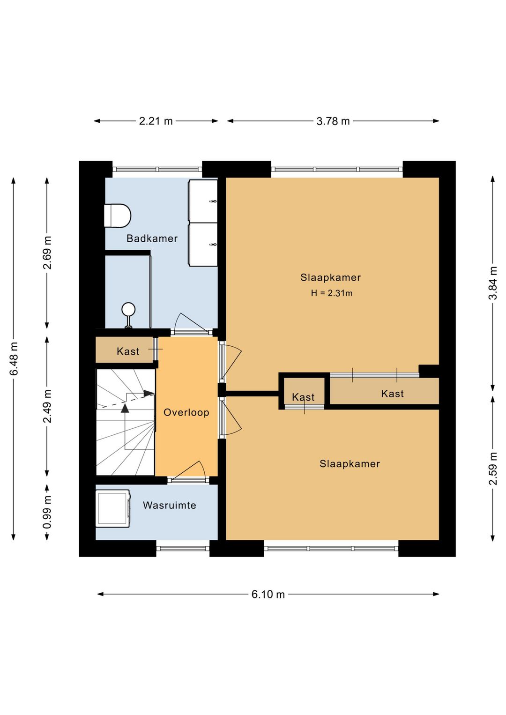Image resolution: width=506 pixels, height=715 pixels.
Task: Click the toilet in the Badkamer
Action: [118, 216]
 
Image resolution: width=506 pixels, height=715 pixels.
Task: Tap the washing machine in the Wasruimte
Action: [113, 509]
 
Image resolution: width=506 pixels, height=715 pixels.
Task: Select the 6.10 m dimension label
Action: [268, 594]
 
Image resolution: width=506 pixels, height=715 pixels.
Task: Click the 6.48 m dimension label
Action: [14, 359]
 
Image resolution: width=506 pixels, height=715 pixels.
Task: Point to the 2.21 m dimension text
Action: [156, 121]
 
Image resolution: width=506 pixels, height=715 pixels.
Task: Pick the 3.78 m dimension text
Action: [333, 121]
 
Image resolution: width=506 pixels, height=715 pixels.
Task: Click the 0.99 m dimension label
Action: [47, 512]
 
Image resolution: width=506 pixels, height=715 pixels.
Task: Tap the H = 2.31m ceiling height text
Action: [332, 293]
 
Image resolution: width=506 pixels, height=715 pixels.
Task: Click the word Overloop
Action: [186, 412]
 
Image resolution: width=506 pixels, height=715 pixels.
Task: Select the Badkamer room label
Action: [152, 238]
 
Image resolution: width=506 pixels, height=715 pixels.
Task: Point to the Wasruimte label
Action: [170, 505]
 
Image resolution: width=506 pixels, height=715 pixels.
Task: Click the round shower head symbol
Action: [128, 310]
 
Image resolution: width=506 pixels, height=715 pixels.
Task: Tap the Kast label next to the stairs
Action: [128, 351]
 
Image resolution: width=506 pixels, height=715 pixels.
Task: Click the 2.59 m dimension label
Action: [493, 468]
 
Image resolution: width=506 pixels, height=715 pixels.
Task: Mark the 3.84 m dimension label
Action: [493, 283]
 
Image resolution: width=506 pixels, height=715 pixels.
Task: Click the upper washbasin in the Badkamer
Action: [203, 201]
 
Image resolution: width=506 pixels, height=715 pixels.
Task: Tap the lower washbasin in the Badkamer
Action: [203, 244]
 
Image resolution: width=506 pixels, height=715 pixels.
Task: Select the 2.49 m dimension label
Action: [47, 406]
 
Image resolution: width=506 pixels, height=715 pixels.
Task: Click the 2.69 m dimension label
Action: [47, 253]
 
